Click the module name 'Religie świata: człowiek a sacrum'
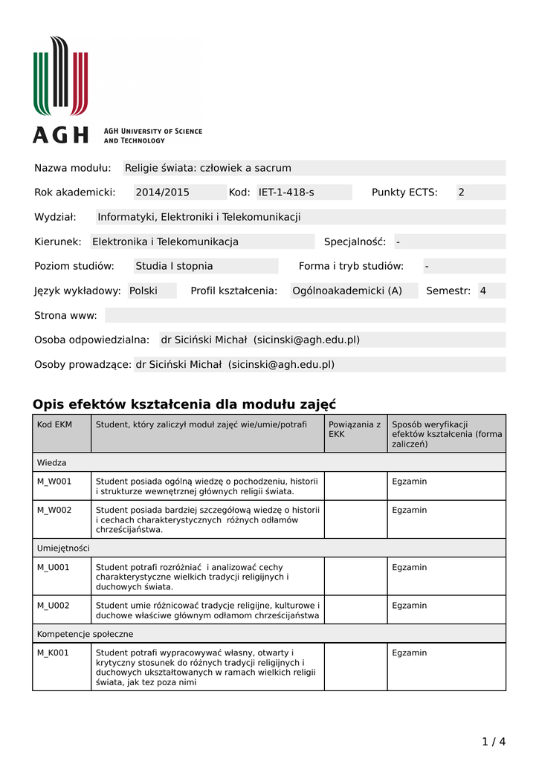point(208,168)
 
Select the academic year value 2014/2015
point(162,192)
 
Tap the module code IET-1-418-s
point(286,192)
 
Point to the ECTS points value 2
point(461,192)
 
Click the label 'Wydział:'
point(56,217)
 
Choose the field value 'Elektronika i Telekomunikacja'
point(165,242)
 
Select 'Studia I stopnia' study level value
point(174,266)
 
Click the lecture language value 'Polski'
point(143,291)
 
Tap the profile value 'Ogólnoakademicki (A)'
point(347,291)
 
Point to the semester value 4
point(483,291)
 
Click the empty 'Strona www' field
point(305,315)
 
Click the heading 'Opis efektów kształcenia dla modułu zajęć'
point(184,404)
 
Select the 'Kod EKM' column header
point(54,424)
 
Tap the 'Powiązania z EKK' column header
point(355,429)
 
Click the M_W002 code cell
point(54,510)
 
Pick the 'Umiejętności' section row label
point(63,548)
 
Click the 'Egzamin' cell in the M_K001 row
point(410,652)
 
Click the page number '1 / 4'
point(494,741)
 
